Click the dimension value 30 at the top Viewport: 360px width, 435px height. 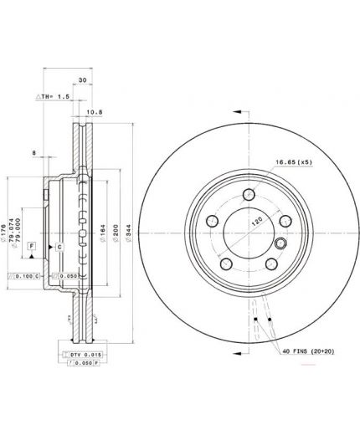[x=81, y=80]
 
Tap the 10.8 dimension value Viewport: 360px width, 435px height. [x=95, y=110]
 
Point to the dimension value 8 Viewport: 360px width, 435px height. [x=33, y=154]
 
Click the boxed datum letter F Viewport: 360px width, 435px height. [x=31, y=245]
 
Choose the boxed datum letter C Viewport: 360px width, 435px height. [x=59, y=248]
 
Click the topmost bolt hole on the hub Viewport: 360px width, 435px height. [x=248, y=195]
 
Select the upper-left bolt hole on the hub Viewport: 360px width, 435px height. [x=213, y=221]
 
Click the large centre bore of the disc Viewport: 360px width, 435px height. [x=249, y=232]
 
